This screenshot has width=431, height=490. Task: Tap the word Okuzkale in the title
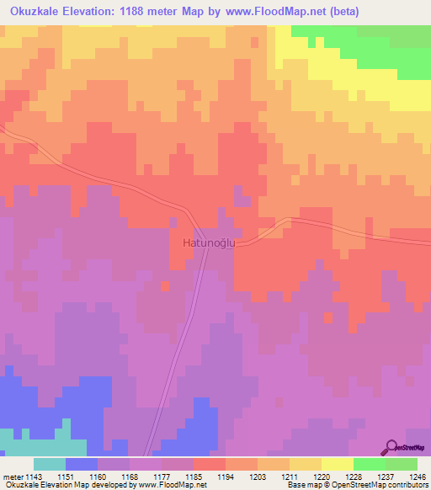coord(37,12)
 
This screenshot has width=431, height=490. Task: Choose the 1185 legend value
coord(210,477)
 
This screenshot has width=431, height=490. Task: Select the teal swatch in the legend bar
coord(50,464)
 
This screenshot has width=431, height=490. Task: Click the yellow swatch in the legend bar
coord(337,464)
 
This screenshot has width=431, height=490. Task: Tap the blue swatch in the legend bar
coord(82,464)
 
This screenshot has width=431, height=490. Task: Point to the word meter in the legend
coord(10,477)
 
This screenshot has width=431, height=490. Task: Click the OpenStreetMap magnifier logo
coord(392,447)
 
